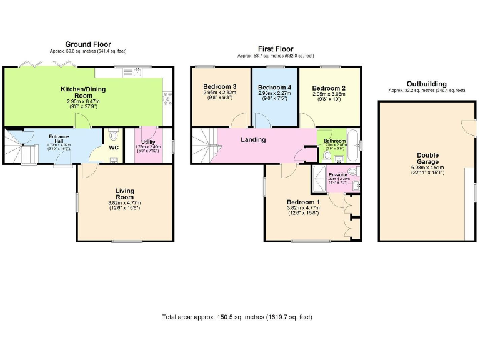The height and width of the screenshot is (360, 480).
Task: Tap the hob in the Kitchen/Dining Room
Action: coord(167,97)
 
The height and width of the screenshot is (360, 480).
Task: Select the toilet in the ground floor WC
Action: coord(113,136)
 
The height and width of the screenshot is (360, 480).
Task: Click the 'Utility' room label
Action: coord(147,142)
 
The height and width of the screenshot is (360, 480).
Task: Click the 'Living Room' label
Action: coord(124,193)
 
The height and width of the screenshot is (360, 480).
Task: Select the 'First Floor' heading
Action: coord(276,49)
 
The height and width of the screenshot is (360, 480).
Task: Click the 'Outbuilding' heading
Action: coord(426,83)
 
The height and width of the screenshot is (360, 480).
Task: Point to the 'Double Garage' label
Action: coord(427,158)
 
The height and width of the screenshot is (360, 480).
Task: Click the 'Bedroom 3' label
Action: coord(219,87)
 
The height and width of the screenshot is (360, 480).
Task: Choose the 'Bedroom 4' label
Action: coord(274,87)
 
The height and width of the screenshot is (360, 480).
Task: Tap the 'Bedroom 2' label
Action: coord(329,88)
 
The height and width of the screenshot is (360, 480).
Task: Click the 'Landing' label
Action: coord(253,139)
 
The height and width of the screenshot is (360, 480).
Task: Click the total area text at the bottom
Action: coord(237,317)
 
